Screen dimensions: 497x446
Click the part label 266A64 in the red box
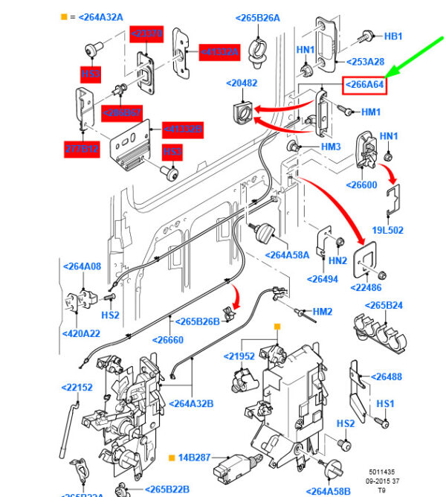coord(364,85)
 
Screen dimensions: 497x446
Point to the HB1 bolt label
coord(392,36)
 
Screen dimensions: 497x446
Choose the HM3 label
coord(331,147)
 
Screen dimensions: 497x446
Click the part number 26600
coord(366,184)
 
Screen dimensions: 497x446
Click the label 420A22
coord(81,333)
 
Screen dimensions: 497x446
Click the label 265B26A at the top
coord(258,18)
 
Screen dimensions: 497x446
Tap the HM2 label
coord(322,311)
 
